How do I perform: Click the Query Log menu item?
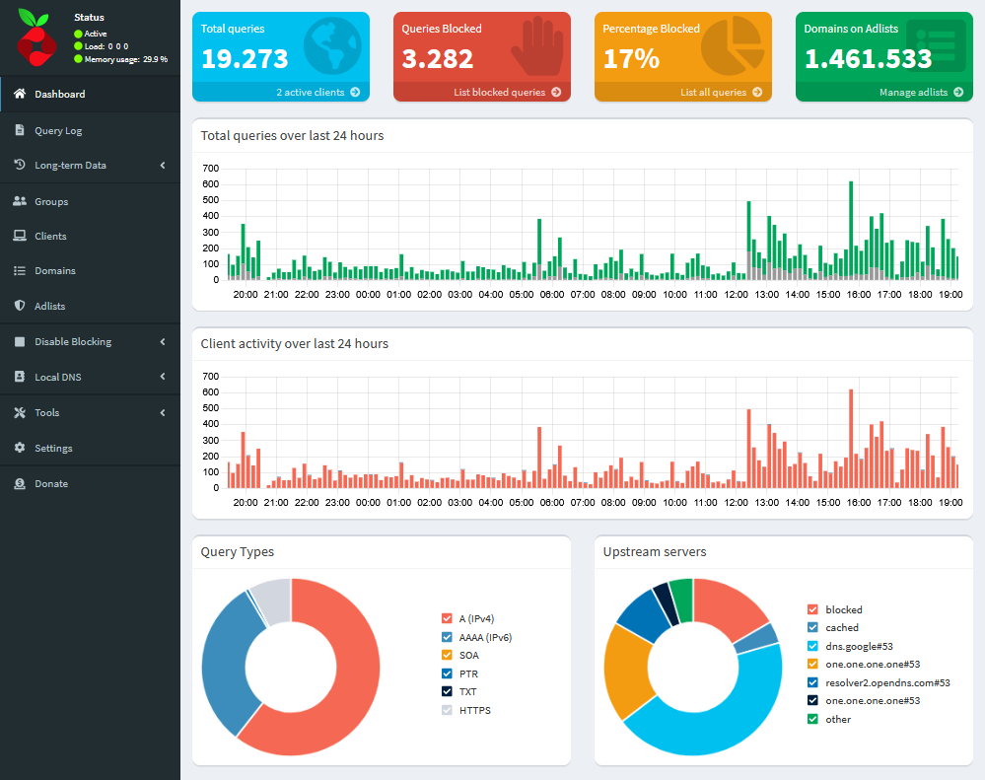(58, 130)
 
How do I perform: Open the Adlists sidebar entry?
(49, 306)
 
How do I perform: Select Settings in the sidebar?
(53, 448)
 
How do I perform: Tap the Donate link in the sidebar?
(51, 483)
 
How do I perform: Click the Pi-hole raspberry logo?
(38, 38)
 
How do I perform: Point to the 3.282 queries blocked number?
(438, 58)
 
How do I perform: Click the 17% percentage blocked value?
(631, 58)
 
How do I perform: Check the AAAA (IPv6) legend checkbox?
(447, 637)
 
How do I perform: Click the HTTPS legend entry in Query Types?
(474, 710)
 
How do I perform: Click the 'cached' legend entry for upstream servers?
(842, 627)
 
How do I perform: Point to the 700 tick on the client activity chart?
(209, 377)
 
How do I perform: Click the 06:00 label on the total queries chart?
(552, 294)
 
